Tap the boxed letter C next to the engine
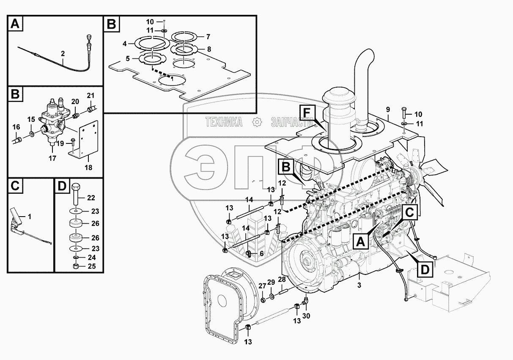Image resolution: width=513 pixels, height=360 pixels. [x=409, y=212]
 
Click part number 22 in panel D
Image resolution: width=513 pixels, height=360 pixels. [x=91, y=198]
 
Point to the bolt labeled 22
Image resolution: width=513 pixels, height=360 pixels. [x=76, y=194]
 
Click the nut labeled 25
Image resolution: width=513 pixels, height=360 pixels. [x=76, y=266]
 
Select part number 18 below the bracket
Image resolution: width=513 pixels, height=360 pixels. [x=88, y=168]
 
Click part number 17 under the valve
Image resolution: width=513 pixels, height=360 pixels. [x=52, y=158]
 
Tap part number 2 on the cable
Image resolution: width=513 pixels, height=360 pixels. [x=63, y=54]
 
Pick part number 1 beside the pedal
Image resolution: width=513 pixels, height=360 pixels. [x=29, y=217]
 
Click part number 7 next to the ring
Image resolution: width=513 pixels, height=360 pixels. [x=208, y=37]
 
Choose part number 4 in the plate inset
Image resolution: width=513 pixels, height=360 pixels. [x=125, y=44]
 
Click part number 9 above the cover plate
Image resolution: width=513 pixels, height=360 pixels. [x=388, y=110]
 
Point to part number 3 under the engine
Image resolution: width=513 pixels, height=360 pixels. [x=359, y=285]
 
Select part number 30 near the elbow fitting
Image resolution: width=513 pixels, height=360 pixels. [x=306, y=316]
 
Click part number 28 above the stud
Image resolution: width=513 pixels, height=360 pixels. [x=282, y=279]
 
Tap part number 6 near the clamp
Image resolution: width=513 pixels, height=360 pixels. [x=261, y=253]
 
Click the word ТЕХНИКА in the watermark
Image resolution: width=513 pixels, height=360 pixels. [x=224, y=122]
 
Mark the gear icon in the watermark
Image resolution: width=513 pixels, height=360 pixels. [x=257, y=122]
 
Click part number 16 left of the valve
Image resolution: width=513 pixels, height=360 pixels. [x=16, y=127]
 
